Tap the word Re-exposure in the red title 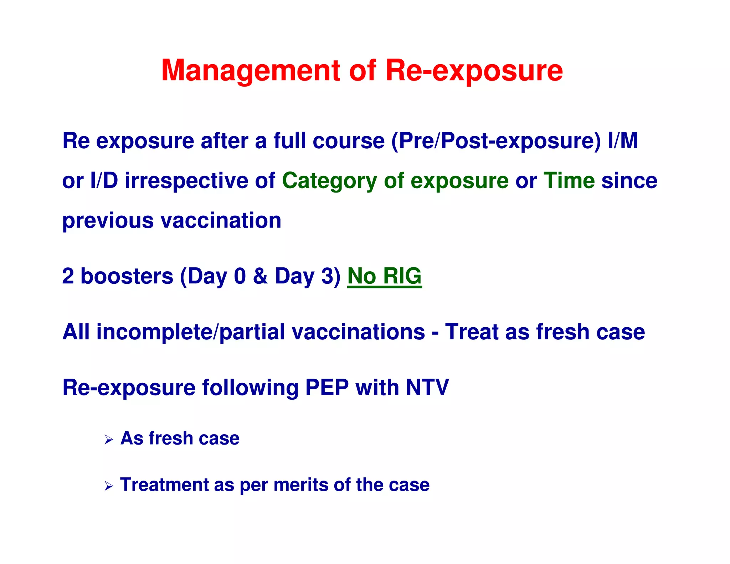[474, 70]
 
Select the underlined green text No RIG [384, 276]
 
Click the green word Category [329, 181]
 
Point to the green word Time [569, 180]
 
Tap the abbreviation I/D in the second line [104, 180]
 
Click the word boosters [127, 276]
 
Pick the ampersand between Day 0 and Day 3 [260, 276]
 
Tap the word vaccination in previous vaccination [221, 220]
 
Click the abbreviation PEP [327, 388]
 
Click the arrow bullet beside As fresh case [109, 440]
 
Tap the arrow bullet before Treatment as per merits [109, 486]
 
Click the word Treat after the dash [472, 332]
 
